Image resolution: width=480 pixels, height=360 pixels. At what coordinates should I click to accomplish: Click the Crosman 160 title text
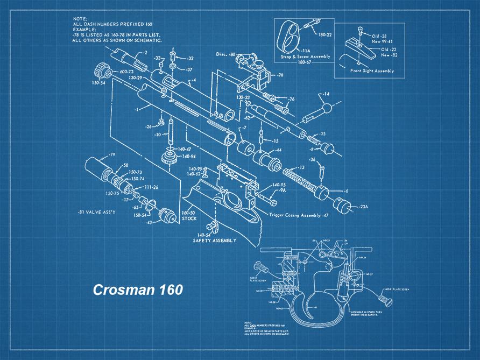click(x=138, y=290)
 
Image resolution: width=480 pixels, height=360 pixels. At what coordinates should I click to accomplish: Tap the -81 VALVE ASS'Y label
click(x=97, y=212)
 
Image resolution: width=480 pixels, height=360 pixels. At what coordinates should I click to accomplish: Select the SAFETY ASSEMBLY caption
click(x=214, y=241)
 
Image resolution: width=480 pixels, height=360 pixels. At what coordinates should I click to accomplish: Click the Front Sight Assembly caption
click(x=372, y=70)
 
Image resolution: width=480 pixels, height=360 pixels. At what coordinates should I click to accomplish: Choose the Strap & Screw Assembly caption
click(x=302, y=57)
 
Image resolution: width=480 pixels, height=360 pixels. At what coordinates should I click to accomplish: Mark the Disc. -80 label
click(x=225, y=54)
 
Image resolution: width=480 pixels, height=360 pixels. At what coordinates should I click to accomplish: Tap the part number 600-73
click(x=126, y=71)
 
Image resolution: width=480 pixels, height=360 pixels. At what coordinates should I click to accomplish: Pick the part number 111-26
click(x=151, y=187)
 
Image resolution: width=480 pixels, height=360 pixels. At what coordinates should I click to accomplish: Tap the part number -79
click(x=111, y=154)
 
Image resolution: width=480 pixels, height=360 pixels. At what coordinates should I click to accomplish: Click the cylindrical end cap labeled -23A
click(x=340, y=205)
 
